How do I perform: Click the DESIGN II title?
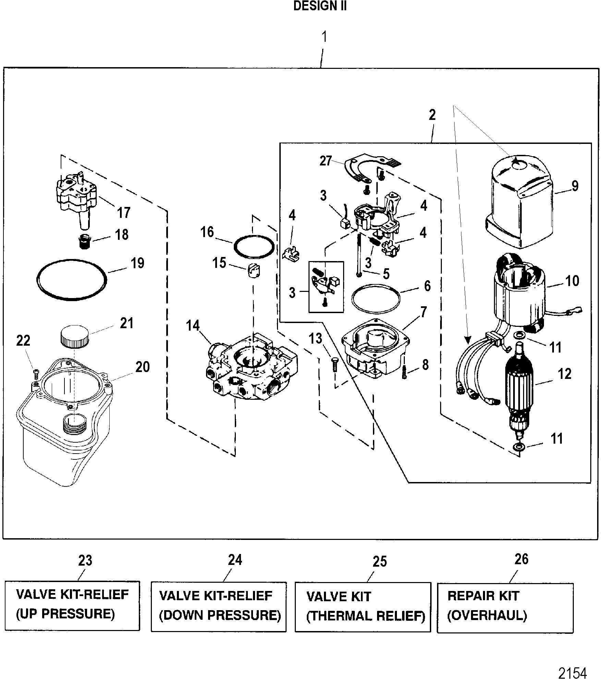[x=320, y=7]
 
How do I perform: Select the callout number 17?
[x=124, y=212]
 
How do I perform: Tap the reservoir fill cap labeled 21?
[x=75, y=337]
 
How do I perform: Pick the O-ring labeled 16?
[x=254, y=246]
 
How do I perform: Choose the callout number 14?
[x=193, y=325]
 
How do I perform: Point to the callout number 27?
[x=325, y=161]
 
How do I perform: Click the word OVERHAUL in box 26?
[x=487, y=616]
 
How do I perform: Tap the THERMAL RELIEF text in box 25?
[x=365, y=616]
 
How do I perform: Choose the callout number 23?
[x=85, y=560]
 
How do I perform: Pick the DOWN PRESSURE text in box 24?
[x=220, y=615]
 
